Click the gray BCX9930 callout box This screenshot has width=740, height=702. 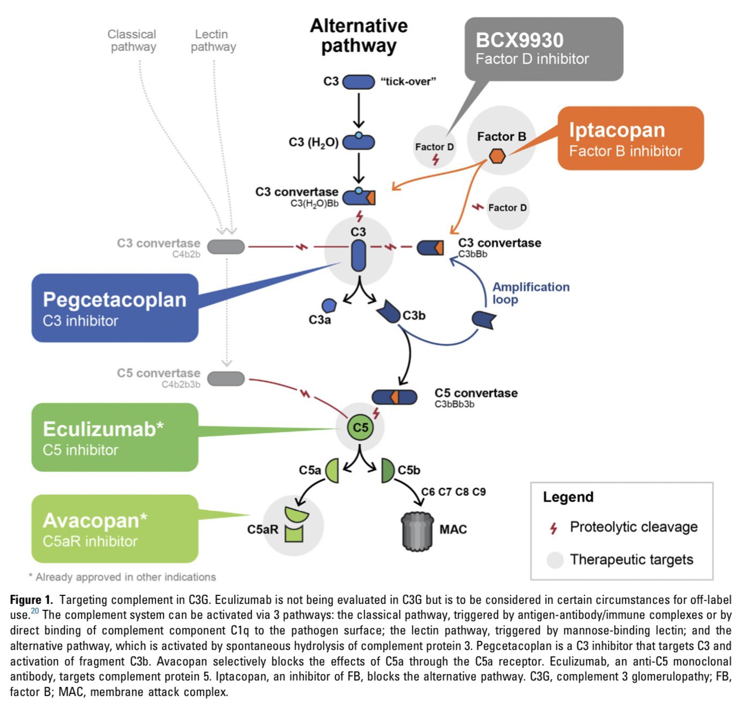[x=543, y=49]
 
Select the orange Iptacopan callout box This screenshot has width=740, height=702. [x=630, y=138]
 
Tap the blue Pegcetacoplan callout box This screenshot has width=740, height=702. [x=115, y=308]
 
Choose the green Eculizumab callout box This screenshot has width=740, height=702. [x=115, y=437]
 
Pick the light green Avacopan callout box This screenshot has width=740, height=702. [x=115, y=529]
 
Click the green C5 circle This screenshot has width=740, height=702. [x=360, y=427]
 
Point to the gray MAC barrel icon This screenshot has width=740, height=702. [x=417, y=531]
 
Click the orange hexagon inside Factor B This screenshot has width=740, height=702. [x=497, y=156]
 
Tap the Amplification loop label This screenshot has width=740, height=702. [x=530, y=293]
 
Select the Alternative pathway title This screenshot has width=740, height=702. [x=358, y=35]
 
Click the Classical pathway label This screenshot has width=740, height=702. [x=132, y=40]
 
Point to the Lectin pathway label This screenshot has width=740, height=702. [x=213, y=40]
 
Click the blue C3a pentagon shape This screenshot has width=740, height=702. [x=328, y=306]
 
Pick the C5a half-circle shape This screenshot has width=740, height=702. [x=333, y=470]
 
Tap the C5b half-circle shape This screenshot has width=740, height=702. [x=387, y=470]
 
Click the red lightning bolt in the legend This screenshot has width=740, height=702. [x=554, y=528]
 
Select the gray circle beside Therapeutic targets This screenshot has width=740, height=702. [x=555, y=560]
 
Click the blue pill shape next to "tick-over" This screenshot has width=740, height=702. [x=358, y=82]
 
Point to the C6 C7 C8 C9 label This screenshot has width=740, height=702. [x=453, y=492]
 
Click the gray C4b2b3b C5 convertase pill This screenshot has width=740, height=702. [x=226, y=379]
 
